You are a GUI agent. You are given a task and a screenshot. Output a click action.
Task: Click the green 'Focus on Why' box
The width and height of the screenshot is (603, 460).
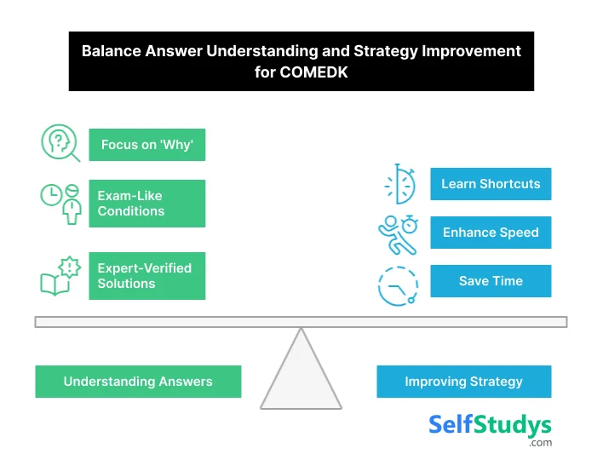[x=146, y=145]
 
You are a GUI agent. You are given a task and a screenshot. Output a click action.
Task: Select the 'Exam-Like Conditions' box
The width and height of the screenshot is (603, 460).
[x=146, y=204]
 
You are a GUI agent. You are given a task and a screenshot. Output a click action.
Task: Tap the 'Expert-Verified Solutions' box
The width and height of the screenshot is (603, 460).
[x=146, y=275]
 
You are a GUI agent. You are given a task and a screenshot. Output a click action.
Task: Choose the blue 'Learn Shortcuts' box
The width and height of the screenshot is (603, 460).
[x=490, y=184]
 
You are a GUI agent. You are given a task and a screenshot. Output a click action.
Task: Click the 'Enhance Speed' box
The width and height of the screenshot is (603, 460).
[x=490, y=233]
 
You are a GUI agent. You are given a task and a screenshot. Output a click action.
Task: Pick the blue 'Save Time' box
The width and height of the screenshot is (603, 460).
[x=490, y=281]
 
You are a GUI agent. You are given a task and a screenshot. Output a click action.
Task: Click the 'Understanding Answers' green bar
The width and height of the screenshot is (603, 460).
[x=138, y=382]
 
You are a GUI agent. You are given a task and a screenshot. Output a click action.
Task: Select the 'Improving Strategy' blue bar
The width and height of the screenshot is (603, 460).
[x=463, y=382]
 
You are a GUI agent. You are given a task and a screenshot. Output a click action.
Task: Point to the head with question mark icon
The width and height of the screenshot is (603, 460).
[x=60, y=142]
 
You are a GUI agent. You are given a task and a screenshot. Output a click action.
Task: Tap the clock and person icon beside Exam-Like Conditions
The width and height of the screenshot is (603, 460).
[x=60, y=203]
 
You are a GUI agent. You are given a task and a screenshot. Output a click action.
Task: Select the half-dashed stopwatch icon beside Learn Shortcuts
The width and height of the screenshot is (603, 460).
[x=399, y=184]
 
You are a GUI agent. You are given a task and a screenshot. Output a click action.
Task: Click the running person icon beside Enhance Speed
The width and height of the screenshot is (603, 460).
[x=397, y=233]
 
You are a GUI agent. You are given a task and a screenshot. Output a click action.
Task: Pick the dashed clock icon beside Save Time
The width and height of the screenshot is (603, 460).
[x=398, y=285]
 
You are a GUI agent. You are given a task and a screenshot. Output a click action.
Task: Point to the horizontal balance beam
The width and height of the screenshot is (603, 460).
[x=300, y=322]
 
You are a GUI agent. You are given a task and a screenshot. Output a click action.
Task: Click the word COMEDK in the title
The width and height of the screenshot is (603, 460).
[x=313, y=72]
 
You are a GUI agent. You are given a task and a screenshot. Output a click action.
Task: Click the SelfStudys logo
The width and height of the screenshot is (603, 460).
[x=489, y=425]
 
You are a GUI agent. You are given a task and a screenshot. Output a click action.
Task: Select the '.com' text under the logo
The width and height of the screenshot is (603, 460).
[x=539, y=443]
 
